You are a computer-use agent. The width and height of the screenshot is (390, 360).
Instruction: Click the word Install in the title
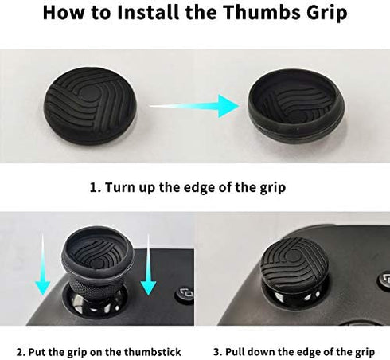pos(148,12)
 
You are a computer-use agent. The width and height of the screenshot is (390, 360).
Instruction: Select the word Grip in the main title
pos(327,14)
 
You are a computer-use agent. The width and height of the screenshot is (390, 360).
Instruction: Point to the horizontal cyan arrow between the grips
pos(194,106)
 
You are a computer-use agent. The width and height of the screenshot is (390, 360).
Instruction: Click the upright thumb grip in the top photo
pos(90,106)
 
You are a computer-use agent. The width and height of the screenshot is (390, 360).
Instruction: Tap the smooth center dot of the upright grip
pos(88,95)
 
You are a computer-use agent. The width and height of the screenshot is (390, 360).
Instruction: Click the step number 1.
pos(95,188)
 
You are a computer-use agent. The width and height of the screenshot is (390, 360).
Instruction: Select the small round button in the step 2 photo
pos(185,294)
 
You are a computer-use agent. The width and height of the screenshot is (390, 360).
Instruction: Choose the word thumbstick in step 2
pos(153,352)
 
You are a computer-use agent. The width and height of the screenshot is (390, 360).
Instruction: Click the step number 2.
pos(20,352)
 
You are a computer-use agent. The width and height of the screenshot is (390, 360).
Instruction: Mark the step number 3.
pos(217,352)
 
